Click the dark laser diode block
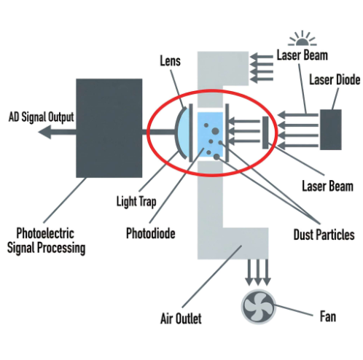330,130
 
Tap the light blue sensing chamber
211,133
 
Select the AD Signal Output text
40,116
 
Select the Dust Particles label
321,235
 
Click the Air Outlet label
180,318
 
